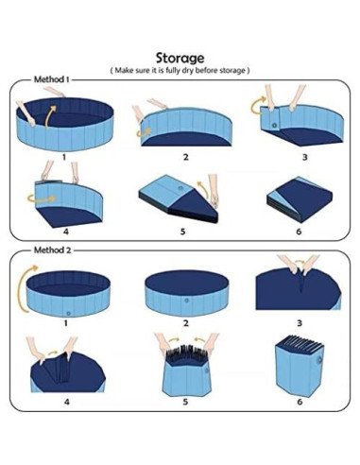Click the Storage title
(x=180, y=59)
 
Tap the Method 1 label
(x=51, y=79)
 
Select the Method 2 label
(x=53, y=250)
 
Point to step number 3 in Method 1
(x=304, y=157)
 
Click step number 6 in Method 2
(x=300, y=402)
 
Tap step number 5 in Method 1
(x=182, y=232)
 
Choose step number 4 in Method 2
(x=67, y=402)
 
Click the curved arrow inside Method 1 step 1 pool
(x=50, y=116)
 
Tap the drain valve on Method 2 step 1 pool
(x=68, y=314)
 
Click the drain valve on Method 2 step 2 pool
(x=187, y=301)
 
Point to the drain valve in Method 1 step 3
(x=274, y=126)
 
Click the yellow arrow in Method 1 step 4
(x=42, y=198)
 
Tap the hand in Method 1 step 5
(x=214, y=191)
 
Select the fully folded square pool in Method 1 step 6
(x=300, y=198)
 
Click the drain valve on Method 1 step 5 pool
(x=180, y=188)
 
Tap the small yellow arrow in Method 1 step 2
(x=144, y=132)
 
